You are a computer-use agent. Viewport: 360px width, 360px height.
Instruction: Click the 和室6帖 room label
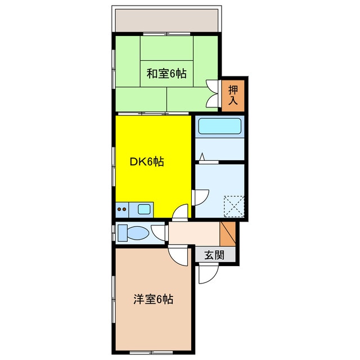tap(167, 73)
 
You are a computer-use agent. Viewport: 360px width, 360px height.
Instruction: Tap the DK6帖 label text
tap(147, 162)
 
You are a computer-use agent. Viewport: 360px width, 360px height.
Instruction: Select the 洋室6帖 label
tap(153, 299)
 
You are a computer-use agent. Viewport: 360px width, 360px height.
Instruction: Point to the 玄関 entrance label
tap(214, 255)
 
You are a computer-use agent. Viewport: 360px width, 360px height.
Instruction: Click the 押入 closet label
tap(233, 94)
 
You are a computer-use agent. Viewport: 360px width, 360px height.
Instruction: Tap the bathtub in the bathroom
tap(220, 127)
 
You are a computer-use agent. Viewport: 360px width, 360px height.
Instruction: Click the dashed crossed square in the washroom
tap(233, 205)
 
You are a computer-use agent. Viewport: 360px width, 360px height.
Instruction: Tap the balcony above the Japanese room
tap(167, 20)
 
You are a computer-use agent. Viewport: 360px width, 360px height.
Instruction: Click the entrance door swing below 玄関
tap(206, 274)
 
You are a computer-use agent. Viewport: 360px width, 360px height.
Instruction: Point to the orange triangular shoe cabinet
tap(228, 232)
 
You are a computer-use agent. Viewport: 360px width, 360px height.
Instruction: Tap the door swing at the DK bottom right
tap(181, 213)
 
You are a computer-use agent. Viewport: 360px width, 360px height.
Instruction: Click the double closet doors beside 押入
tap(213, 93)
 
